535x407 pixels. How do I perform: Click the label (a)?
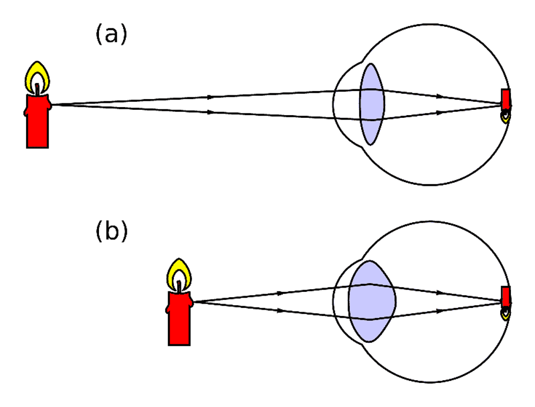click(111, 34)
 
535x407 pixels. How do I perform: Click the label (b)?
click(111, 231)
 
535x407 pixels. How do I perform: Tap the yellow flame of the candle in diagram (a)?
click(37, 77)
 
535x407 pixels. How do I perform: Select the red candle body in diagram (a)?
click(37, 121)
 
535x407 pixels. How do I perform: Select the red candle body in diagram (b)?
click(179, 318)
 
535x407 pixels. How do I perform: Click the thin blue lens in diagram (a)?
click(372, 104)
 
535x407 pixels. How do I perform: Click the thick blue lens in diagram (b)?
click(372, 301)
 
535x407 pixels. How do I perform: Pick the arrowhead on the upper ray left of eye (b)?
click(280, 293)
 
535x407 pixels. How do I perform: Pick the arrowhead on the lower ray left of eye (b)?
click(280, 311)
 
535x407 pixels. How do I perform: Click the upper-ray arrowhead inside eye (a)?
click(440, 96)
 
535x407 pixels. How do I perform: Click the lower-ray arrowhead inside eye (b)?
click(440, 311)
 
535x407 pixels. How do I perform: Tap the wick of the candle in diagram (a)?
click(37, 89)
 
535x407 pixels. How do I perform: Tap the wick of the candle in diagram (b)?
click(179, 286)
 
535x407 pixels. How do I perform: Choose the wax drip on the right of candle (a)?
click(50, 104)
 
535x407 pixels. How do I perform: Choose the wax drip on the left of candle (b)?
click(167, 310)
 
